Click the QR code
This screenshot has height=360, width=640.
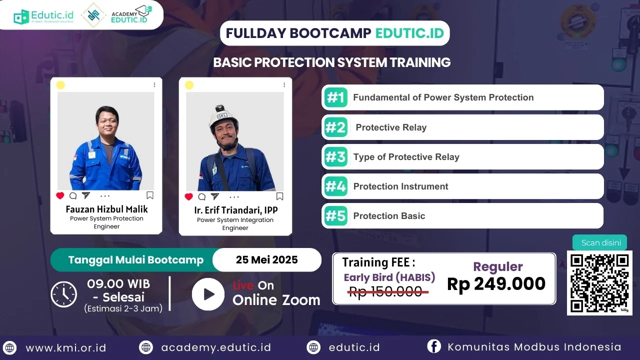(599, 283)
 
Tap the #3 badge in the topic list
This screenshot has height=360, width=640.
(335, 157)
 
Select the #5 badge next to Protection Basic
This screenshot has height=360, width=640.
(335, 216)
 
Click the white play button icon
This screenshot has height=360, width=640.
(208, 294)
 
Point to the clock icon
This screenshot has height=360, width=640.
(63, 294)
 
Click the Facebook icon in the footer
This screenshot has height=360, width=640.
(433, 346)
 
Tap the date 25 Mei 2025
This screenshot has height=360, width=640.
(267, 259)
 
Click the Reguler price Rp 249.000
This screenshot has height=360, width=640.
(496, 283)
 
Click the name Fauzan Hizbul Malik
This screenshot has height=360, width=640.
(106, 209)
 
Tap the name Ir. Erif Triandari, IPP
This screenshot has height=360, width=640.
(235, 210)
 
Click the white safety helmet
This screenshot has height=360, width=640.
(223, 117)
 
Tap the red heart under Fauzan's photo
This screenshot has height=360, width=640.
(60, 195)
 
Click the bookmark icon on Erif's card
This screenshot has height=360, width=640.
(279, 196)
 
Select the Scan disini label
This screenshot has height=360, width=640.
(601, 242)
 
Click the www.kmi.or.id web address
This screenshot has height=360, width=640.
(66, 347)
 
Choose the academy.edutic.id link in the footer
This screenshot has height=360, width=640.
(216, 347)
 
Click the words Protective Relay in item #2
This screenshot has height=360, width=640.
(391, 127)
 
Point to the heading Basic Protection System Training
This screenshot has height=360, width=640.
(331, 62)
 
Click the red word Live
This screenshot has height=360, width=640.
(243, 285)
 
